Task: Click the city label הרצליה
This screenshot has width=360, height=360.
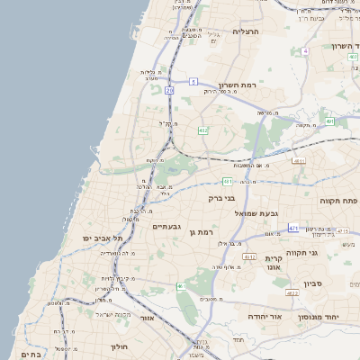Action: pos(246,31)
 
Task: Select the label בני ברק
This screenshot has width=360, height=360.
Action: pos(221,198)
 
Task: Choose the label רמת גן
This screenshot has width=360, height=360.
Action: pos(202,232)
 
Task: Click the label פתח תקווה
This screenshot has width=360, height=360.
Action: pos(337,201)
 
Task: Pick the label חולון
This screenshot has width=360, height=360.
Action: pos(120,346)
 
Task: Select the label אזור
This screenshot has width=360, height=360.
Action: pos(148,318)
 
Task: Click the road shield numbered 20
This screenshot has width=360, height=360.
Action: pos(169,90)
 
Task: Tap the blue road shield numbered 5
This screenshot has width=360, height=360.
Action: pos(193,81)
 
